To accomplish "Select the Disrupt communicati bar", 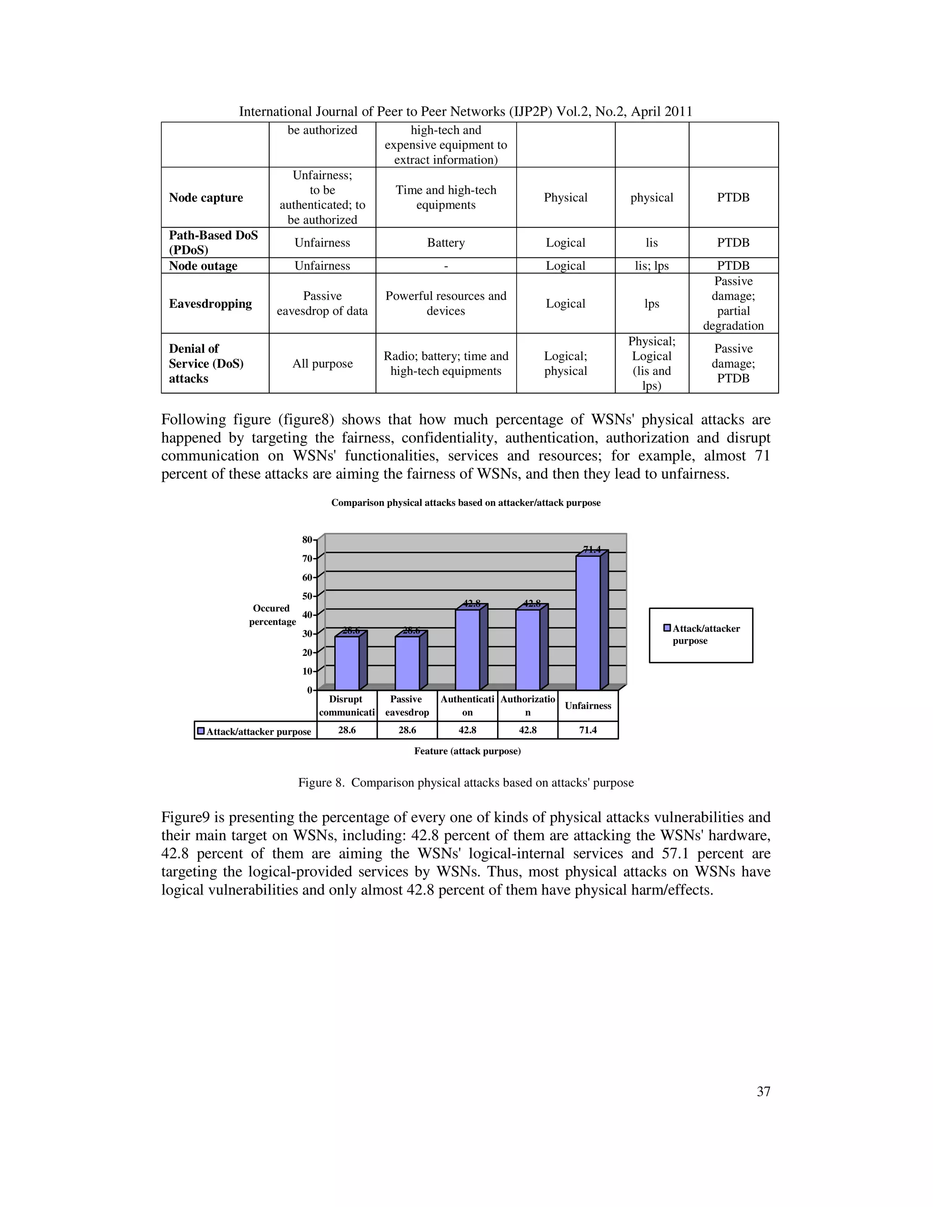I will tap(347, 663).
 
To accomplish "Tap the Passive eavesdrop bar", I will tap(407, 663).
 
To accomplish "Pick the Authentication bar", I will tap(467, 650).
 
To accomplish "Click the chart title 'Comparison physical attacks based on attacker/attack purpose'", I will tap(466, 503).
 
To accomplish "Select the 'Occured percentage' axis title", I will tap(272, 614).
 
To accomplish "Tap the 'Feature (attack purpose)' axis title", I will tap(467, 751).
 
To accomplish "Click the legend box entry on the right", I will tap(701, 634).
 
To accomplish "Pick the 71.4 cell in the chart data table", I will tap(588, 730).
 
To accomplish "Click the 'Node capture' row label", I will tap(205, 197).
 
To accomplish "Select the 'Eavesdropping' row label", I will tap(210, 303).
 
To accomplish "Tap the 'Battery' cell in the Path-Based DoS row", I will tap(446, 243).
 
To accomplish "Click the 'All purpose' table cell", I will tap(322, 363).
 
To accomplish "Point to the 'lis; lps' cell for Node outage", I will tap(651, 266).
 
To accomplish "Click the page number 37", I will tap(764, 1091).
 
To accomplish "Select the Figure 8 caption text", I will tap(466, 783).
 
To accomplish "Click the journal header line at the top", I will tap(466, 112).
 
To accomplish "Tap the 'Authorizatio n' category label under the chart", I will tap(527, 706).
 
